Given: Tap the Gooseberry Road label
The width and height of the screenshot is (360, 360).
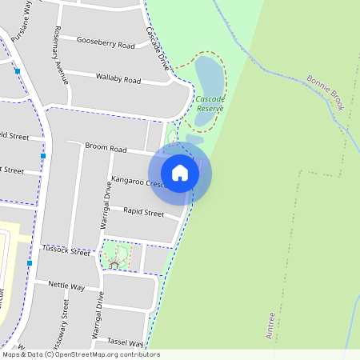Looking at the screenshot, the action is click(x=106, y=42).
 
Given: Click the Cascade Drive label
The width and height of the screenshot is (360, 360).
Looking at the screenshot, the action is click(x=158, y=47).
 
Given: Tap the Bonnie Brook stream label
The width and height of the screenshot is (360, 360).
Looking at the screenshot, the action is click(x=325, y=92).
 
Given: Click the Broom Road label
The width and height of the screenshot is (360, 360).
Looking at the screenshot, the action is click(x=107, y=149).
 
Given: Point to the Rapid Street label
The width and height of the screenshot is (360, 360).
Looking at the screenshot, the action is click(x=144, y=212).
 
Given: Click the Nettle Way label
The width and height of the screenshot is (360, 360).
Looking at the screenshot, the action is click(x=66, y=286).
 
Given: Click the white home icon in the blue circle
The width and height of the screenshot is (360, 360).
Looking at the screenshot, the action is click(x=180, y=172).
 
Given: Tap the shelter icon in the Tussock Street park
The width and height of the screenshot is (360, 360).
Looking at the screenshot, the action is click(x=114, y=263).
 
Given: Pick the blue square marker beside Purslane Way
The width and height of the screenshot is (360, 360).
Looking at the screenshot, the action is click(x=17, y=71).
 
